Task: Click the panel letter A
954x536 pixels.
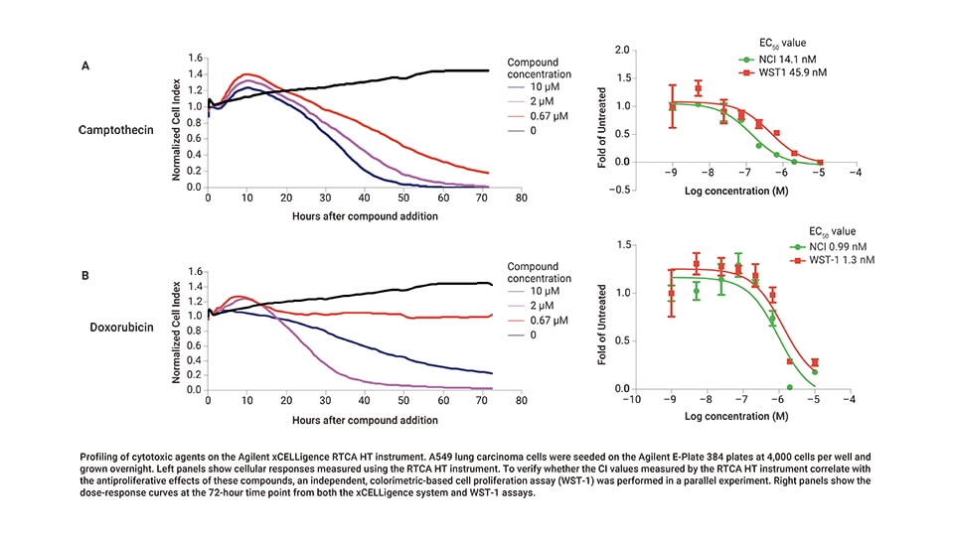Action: (x=86, y=66)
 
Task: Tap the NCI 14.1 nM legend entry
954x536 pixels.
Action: (x=787, y=59)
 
